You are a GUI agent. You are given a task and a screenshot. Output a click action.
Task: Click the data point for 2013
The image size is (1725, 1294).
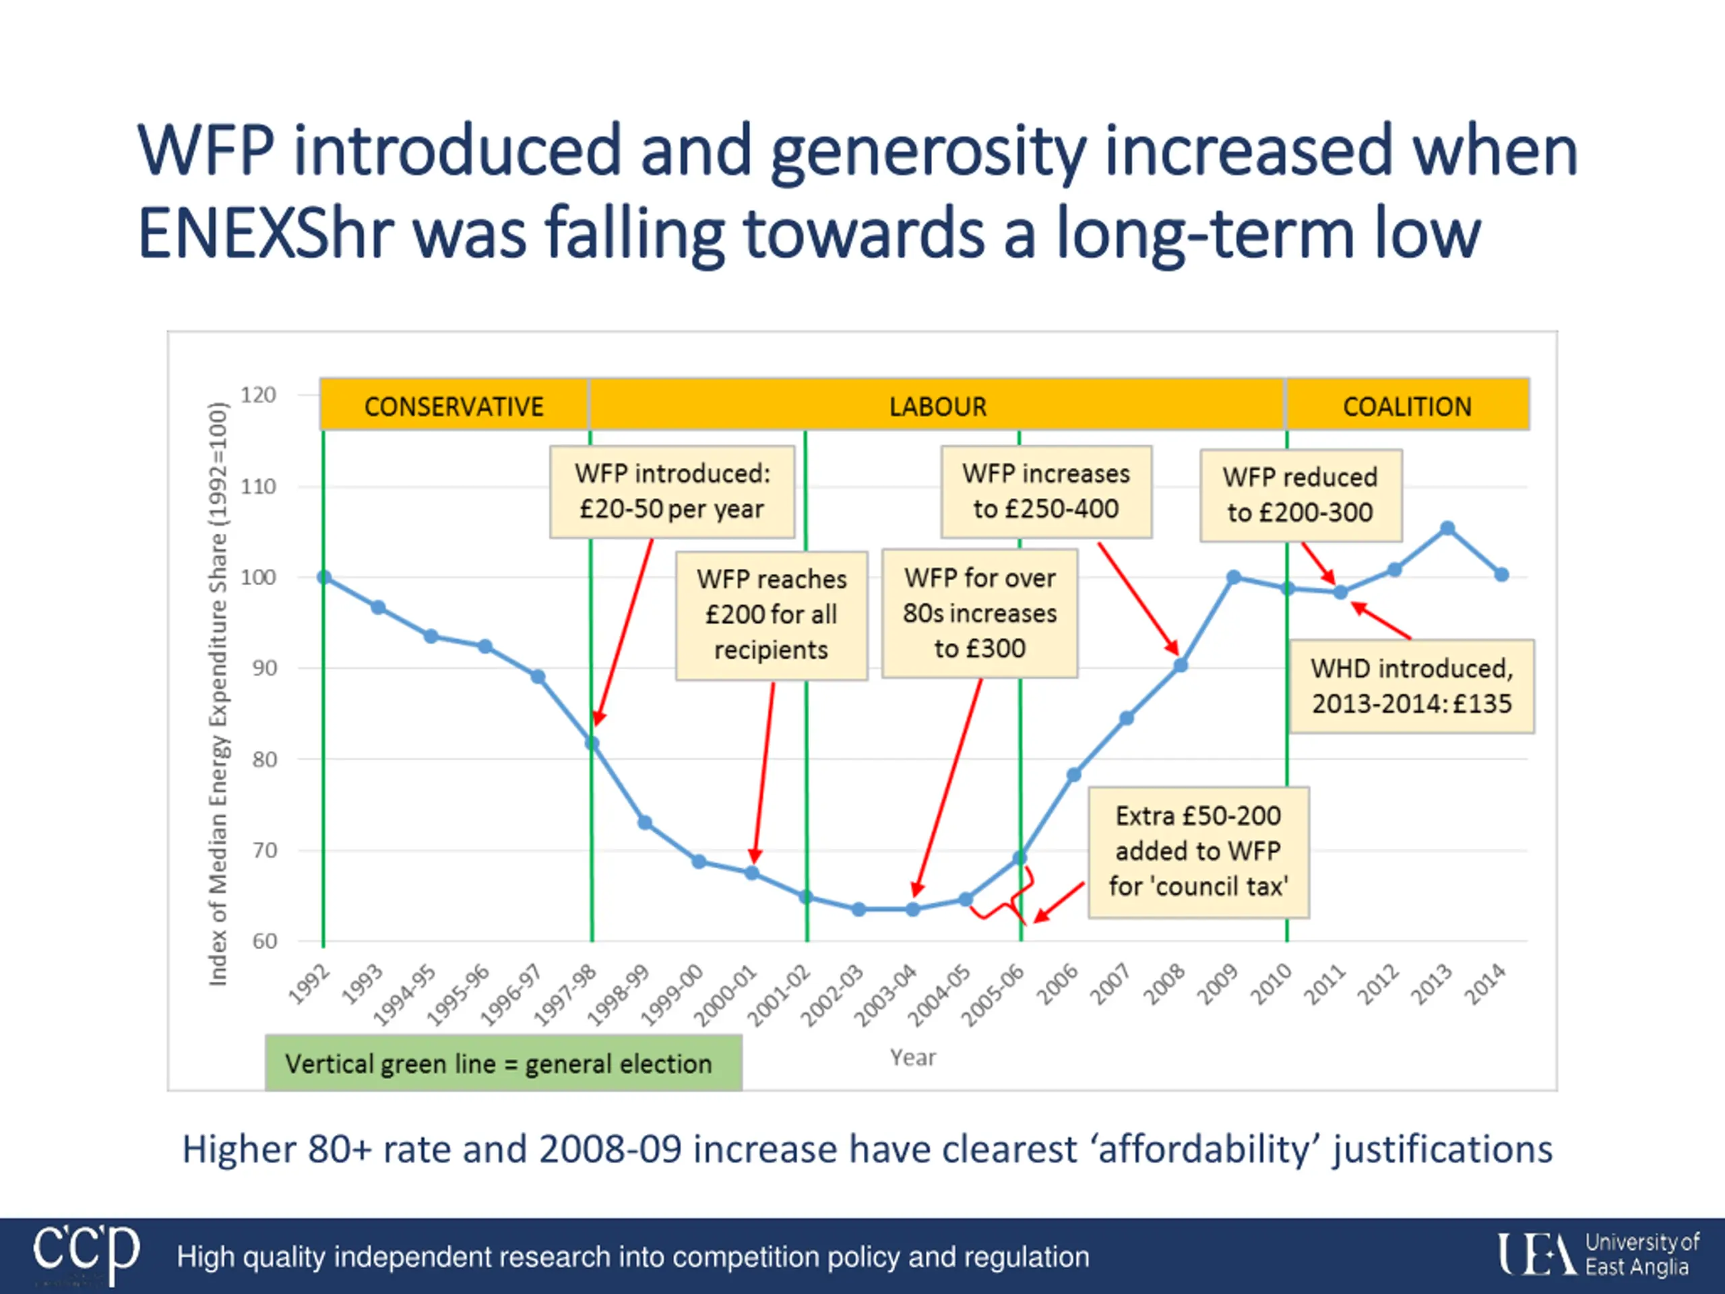1447,529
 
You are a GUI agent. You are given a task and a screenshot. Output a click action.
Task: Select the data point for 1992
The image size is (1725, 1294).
324,577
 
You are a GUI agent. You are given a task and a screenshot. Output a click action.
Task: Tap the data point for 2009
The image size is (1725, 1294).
1234,577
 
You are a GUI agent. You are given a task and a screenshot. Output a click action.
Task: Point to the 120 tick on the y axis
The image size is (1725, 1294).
258,395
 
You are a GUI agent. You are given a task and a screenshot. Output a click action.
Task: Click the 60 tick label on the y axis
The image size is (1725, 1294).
264,941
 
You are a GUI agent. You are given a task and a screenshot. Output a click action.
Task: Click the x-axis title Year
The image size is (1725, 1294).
913,1057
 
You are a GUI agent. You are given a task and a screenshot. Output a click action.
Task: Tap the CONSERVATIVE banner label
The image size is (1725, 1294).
454,406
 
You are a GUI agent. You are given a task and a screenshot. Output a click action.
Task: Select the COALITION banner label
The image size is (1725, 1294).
1407,406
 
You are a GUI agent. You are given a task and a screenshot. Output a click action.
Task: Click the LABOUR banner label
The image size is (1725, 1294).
937,406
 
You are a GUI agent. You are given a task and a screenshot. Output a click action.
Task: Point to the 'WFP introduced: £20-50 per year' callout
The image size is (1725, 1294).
672,491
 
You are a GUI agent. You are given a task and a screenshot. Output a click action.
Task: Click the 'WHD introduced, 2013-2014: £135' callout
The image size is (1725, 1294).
1412,686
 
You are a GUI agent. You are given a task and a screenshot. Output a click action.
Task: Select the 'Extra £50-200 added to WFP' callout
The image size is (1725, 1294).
1199,851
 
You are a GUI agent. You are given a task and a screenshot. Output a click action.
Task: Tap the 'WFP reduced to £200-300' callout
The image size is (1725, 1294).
1300,495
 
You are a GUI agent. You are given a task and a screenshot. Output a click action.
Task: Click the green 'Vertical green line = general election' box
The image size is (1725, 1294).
503,1063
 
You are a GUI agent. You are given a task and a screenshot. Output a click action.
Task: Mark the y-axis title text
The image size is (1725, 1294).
218,694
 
